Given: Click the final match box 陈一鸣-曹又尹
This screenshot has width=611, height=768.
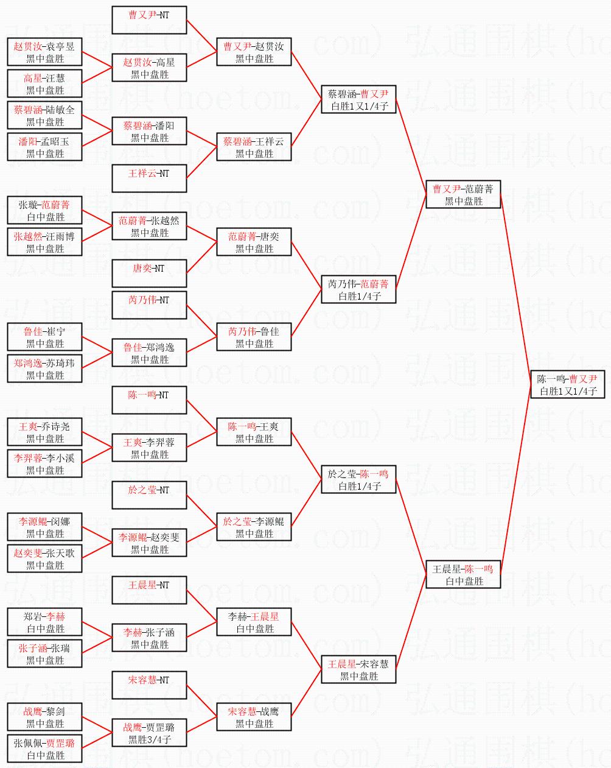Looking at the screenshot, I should [x=568, y=384].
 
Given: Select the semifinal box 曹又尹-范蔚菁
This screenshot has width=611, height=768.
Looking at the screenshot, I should [x=463, y=194].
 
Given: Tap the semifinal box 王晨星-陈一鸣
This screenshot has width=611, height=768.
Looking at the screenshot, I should [x=463, y=574].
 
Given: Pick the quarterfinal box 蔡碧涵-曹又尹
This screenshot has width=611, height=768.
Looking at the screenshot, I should [x=359, y=99].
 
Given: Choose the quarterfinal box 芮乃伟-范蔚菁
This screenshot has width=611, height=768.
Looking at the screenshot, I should [x=359, y=289].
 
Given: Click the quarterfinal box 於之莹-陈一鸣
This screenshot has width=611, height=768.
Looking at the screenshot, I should [x=359, y=479].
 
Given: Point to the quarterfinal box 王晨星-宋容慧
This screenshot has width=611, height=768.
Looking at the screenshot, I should [x=359, y=669].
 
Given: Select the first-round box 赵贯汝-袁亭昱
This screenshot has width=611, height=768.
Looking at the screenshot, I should [x=45, y=52].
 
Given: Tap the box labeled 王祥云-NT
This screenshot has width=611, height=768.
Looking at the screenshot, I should [x=149, y=178].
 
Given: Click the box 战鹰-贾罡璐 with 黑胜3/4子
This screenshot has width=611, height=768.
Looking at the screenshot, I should [x=149, y=733].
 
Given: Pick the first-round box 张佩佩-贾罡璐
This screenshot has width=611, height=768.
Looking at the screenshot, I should [x=45, y=749].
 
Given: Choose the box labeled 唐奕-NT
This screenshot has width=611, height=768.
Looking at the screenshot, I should [x=149, y=273].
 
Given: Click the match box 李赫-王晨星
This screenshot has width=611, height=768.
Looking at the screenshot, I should [x=254, y=622].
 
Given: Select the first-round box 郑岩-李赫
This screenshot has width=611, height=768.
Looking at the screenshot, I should [x=45, y=622].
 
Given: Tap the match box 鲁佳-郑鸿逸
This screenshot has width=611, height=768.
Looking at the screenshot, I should [x=149, y=353].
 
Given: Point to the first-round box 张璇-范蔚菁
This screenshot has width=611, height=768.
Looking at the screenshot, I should [x=45, y=210].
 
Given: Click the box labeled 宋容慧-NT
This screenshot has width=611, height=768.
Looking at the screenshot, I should [x=149, y=685].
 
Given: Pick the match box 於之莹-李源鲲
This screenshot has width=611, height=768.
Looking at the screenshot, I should [x=254, y=527].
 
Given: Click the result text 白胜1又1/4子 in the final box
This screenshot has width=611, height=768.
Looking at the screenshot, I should [x=568, y=392].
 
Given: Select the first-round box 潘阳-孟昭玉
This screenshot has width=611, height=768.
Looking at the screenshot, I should [x=45, y=147].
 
